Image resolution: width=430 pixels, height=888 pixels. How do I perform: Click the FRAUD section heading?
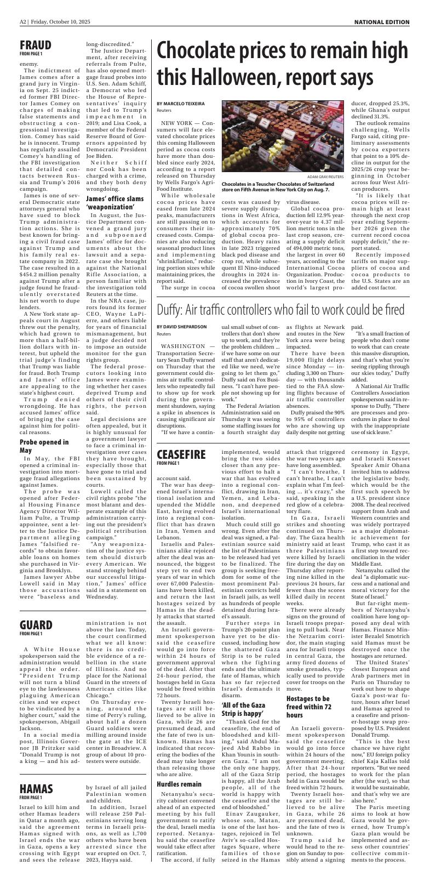pos(36,44)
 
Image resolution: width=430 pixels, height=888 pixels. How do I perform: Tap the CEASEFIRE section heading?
pos(181,454)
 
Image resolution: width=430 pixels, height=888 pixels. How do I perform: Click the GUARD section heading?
pos(36,625)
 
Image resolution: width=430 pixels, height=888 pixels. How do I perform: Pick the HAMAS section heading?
pos(36,789)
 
